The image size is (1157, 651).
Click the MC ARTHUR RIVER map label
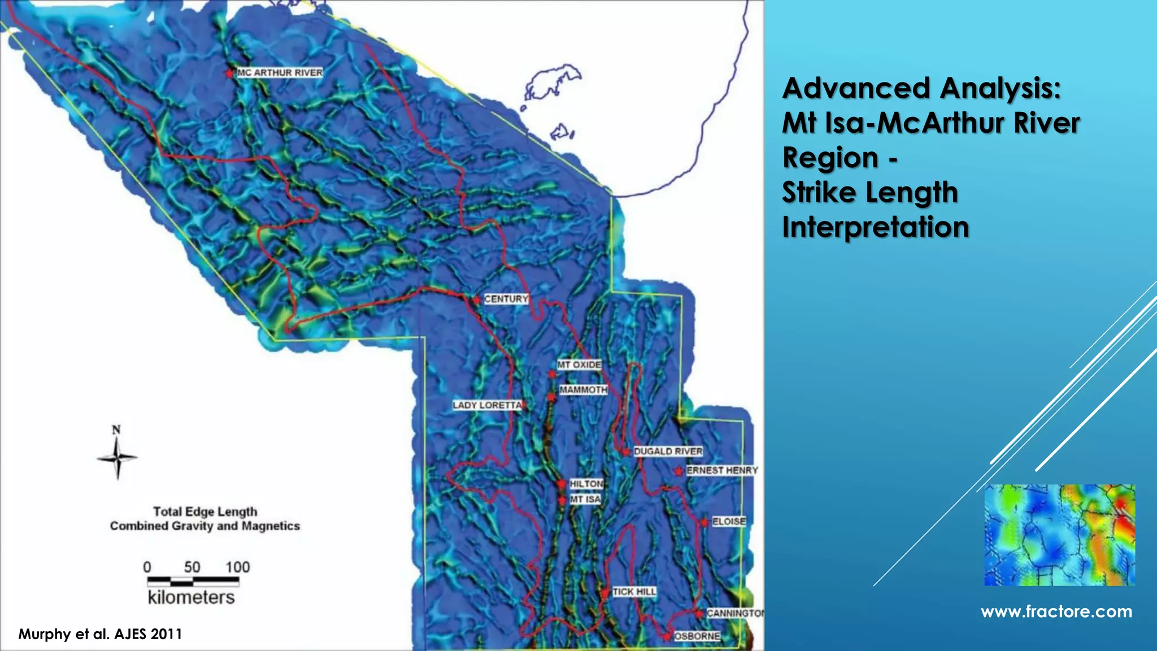coord(280,72)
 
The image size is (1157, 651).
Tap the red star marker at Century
coord(476,300)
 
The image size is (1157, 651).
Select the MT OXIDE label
coord(579,365)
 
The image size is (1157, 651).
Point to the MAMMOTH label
coord(583,390)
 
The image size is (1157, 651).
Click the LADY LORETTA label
coord(487,405)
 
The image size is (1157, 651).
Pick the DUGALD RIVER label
coord(668,452)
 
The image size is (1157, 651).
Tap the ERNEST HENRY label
coord(722,470)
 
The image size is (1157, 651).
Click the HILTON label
coord(586,484)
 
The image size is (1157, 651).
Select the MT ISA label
coord(585,500)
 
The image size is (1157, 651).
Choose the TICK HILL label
coord(634,592)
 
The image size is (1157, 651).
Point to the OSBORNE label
coord(697,636)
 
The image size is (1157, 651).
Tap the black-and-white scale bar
coord(192,580)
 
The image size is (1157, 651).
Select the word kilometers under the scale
coord(191,598)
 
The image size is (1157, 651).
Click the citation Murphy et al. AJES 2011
coord(100,634)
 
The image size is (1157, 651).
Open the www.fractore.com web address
coord(1056,611)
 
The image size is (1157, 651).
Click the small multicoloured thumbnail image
coord(1059,535)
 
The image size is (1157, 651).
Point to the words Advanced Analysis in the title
coord(921,89)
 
